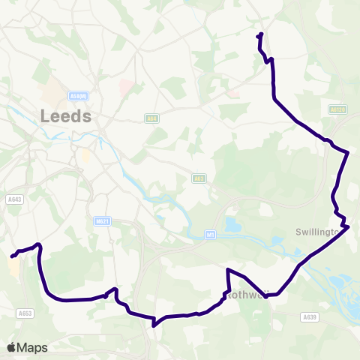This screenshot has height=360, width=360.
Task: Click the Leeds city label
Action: [x=66, y=116]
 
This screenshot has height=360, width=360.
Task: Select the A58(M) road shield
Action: [x=78, y=96]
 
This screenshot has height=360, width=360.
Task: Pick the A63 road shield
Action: [x=199, y=178]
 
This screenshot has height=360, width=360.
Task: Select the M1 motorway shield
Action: [x=211, y=235]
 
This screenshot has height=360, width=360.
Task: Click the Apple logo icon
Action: [x=11, y=347]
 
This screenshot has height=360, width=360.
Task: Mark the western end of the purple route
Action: [x=13, y=256]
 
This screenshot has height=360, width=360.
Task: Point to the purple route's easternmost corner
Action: [x=349, y=152]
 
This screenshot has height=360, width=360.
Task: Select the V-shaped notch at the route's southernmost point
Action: [x=154, y=325]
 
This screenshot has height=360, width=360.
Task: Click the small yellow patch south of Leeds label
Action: [x=86, y=156]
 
